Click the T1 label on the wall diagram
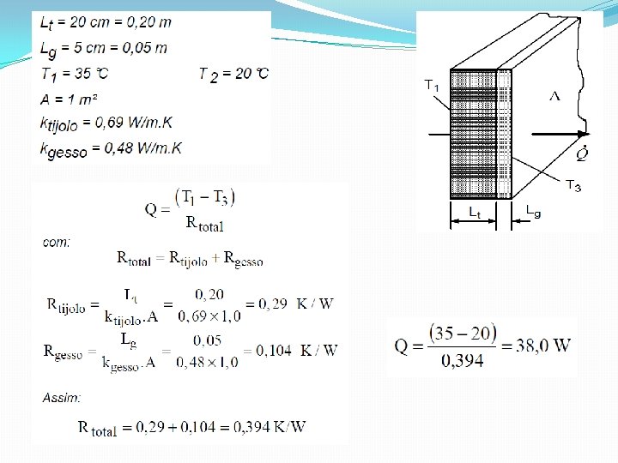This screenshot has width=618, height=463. coord(432,85)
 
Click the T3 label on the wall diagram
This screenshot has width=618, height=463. coord(573,184)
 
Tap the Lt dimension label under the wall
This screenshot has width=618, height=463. coord(474,211)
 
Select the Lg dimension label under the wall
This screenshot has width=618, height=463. coord(533,210)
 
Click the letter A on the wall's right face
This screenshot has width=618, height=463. coord(554,96)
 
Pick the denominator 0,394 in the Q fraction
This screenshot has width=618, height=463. coord(463,360)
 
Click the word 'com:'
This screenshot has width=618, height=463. coord(57,243)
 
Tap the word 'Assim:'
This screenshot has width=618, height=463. coord(62,398)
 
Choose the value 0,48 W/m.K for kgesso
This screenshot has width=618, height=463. coord(142,148)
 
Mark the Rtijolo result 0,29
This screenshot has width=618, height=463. coord(267,304)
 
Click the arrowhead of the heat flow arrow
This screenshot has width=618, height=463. coord(584,134)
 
